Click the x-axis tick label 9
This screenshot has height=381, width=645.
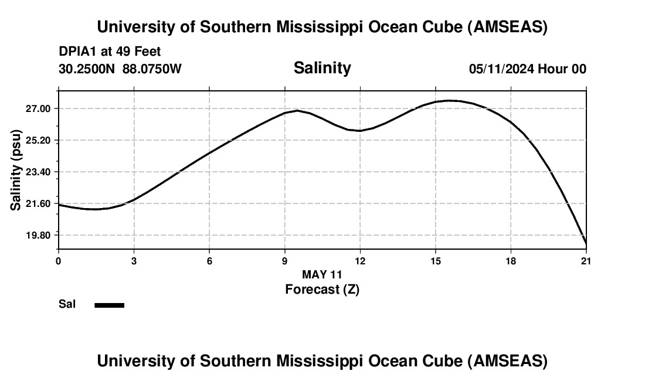tap(285, 261)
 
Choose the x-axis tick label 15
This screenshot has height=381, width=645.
tap(436, 261)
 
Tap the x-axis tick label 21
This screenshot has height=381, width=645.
tap(586, 261)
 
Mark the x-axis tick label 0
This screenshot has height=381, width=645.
tap(59, 261)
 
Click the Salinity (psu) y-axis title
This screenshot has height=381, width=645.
tap(16, 172)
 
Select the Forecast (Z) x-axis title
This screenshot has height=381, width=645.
tap(322, 289)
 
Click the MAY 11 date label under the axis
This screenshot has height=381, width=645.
tap(322, 274)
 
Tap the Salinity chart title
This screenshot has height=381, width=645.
tap(322, 68)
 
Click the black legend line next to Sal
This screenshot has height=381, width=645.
tap(110, 305)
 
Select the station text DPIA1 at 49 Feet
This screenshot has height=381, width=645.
tap(110, 52)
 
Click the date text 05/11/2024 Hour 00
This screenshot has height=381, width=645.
tap(528, 69)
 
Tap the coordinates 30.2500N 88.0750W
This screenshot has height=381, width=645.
tap(120, 69)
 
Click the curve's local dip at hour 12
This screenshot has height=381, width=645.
tap(360, 131)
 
